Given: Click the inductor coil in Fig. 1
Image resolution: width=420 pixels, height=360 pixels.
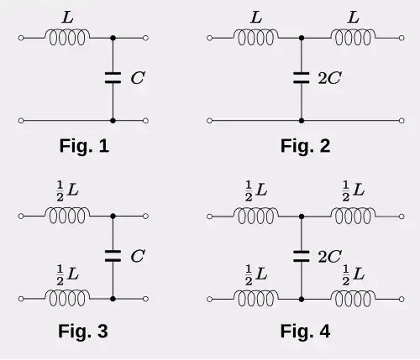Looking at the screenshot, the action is coord(67,38).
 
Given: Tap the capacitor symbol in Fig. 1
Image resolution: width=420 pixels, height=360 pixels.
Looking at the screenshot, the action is coord(113,78).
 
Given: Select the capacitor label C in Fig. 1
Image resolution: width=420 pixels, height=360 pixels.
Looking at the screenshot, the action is coord(138,78).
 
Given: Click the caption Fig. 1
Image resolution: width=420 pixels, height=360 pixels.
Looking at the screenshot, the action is coord(84,146).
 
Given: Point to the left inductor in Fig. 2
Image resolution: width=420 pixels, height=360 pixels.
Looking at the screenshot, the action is coord(256,38).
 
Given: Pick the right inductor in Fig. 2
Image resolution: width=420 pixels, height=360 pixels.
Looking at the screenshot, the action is coord(354,38).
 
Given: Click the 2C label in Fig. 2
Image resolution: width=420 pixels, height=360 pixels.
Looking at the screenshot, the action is coord(329,78).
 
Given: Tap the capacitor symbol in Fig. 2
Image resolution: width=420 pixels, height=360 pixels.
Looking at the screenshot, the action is coord(302,78).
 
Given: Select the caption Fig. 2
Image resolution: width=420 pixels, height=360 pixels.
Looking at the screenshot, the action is coord(305,146).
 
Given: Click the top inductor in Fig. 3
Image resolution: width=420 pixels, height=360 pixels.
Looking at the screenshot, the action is coord(67,216).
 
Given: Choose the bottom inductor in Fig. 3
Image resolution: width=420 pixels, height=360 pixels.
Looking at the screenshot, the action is coord(67,299).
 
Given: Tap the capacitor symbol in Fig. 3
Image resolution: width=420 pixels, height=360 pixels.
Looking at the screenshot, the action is coord(113,256).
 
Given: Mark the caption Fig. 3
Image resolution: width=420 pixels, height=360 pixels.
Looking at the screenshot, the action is coord(83,331).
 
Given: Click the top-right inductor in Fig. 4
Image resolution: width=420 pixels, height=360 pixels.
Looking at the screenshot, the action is coord(354,217).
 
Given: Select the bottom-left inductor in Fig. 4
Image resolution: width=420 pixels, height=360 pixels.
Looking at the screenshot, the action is coord(256,299).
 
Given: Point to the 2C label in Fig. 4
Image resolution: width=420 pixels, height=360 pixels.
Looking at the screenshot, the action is coord(329,256).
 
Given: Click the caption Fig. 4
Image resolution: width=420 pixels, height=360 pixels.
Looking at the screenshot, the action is coord(305,331).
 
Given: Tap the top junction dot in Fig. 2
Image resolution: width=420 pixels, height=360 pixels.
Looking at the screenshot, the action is coord(302,38).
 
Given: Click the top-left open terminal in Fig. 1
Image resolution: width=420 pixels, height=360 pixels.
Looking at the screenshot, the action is coord(21,38).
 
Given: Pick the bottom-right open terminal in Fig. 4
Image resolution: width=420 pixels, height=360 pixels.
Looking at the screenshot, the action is coord(402,299).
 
